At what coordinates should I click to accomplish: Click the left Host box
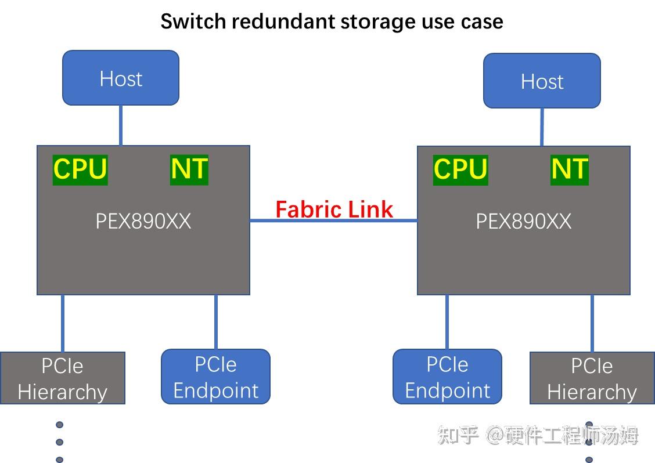tap(120, 78)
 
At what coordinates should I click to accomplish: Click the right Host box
tap(542, 81)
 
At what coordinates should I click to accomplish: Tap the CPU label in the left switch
tap(80, 169)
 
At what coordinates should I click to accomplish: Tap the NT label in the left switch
tap(189, 169)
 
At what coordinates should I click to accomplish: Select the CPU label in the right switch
tap(460, 169)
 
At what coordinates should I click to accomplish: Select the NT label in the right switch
tap(570, 169)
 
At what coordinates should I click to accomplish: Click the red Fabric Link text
tap(334, 209)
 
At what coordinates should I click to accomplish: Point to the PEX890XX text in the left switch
tap(143, 221)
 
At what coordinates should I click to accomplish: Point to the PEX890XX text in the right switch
tap(523, 221)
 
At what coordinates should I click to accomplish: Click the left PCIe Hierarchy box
tap(62, 378)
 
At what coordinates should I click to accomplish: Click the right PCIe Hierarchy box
tap(592, 379)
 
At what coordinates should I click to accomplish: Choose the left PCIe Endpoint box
tap(215, 377)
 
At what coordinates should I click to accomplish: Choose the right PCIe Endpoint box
tap(447, 377)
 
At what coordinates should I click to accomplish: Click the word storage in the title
tap(371, 21)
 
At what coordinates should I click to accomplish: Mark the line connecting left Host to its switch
tap(120, 125)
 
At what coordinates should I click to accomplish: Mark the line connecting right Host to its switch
tap(542, 126)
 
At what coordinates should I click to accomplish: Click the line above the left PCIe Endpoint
tap(216, 321)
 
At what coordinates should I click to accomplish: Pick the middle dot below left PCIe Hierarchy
tap(59, 442)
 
